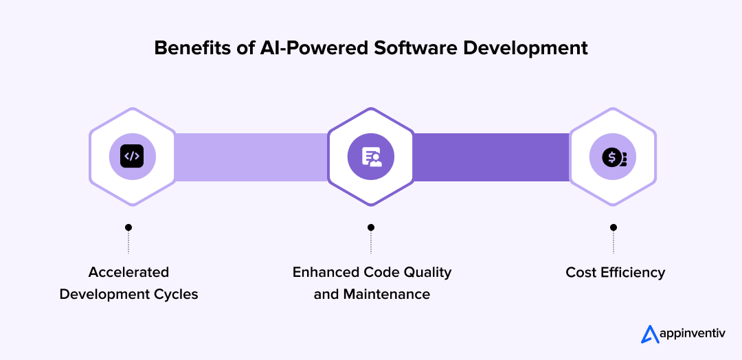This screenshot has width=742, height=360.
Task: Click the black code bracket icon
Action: pyautogui.click(x=133, y=157)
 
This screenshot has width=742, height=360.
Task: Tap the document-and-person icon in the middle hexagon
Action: pyautogui.click(x=371, y=157)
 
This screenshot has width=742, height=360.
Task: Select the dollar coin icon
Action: pyautogui.click(x=613, y=157)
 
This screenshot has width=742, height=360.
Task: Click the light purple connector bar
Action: pyautogui.click(x=251, y=157)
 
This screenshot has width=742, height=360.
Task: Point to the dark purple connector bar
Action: pyautogui.click(x=491, y=157)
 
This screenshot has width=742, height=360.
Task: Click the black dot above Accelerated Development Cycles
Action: pyautogui.click(x=128, y=227)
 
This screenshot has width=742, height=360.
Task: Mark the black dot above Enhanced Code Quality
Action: pyautogui.click(x=371, y=227)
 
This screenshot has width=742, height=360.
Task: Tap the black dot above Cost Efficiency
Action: pyautogui.click(x=614, y=227)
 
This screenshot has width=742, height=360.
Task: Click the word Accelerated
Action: pyautogui.click(x=128, y=272)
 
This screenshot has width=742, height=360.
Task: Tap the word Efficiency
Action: pyautogui.click(x=633, y=272)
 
